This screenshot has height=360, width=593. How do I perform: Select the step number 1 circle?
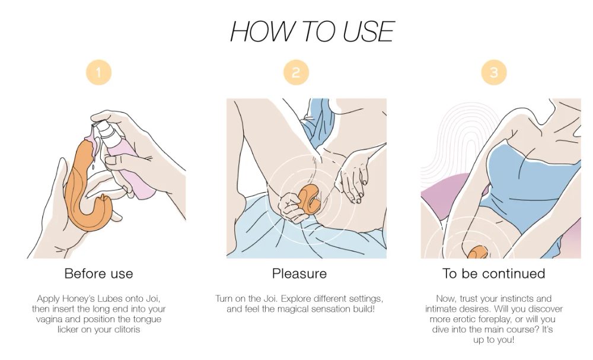(x=98, y=73)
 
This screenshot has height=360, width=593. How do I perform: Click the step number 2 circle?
(x=296, y=73)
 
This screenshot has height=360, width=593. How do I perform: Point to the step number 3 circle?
(x=493, y=73)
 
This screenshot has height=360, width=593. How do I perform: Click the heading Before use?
(x=98, y=274)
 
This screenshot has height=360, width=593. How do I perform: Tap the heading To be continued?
(x=493, y=274)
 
